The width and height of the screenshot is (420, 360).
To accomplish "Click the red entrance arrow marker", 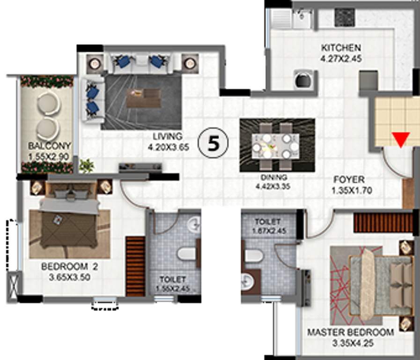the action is point(401,139).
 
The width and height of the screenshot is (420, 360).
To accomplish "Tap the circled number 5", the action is point(213,143).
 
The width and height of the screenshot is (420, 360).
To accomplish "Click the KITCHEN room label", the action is point(341,48).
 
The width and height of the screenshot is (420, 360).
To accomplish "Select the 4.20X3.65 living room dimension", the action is point(169,147).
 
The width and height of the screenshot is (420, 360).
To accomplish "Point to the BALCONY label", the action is point(50,146).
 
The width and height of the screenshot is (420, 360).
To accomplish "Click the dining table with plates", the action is point(276,146).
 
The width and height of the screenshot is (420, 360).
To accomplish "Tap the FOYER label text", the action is point(349,180).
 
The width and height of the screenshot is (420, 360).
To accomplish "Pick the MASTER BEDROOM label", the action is point(350,332).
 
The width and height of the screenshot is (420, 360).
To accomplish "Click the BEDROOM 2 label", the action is point(69,266).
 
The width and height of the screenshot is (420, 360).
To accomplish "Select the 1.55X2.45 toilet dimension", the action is point(173,289).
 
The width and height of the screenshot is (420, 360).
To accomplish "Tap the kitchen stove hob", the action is point(345,17).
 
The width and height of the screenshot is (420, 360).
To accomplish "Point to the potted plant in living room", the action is point(87,165).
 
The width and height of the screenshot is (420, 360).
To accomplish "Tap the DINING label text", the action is point(274,177).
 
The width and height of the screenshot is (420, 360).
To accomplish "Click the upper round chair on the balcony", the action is point(49,104).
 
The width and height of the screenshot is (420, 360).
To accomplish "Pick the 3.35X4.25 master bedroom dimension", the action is point(353,343).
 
